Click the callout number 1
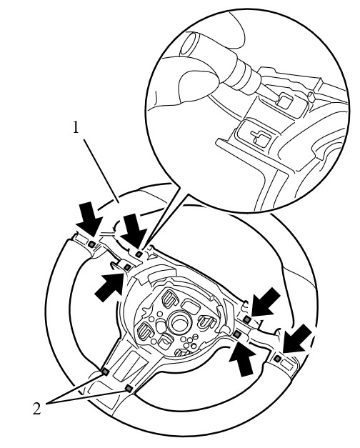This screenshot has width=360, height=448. (x=76, y=127)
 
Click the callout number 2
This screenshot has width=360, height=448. (x=37, y=409)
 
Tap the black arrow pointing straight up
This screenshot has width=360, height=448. (x=242, y=358)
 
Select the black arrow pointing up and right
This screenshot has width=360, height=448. (x=110, y=287)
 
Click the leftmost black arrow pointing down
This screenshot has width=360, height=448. (x=90, y=217)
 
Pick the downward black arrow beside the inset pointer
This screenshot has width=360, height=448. (x=134, y=230)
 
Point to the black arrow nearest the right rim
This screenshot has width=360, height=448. (x=297, y=339)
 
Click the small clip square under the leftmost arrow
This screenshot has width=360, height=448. (x=91, y=244)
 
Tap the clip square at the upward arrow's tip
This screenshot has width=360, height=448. (x=237, y=334)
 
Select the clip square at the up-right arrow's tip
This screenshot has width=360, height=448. (x=127, y=267)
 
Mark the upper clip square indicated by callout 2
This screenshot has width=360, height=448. (x=106, y=372)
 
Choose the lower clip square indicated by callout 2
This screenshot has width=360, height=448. (x=129, y=388)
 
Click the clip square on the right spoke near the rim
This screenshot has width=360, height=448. (x=276, y=358)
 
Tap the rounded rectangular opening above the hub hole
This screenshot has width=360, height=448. (x=191, y=304)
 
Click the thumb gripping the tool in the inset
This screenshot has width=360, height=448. (x=196, y=85)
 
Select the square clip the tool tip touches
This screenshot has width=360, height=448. (x=284, y=101)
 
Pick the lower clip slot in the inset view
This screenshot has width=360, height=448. (x=259, y=138)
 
